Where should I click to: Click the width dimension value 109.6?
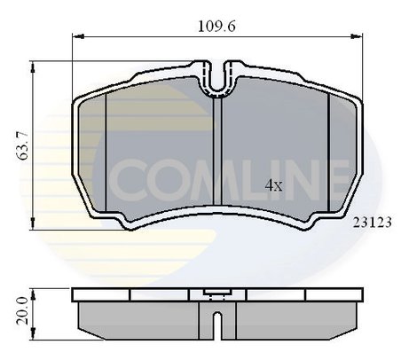tap(216, 27)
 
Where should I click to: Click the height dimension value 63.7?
tap(22, 145)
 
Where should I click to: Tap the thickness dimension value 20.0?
tap(22, 311)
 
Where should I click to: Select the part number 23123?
tap(373, 223)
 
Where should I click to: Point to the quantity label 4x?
tap(273, 185)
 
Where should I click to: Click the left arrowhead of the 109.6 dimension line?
tap(78, 36)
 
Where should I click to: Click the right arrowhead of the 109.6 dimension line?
tap(357, 36)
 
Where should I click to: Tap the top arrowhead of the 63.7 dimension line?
tap(33, 67)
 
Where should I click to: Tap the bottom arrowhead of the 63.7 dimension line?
tap(33, 223)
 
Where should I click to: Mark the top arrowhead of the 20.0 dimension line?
tap(34, 294)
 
